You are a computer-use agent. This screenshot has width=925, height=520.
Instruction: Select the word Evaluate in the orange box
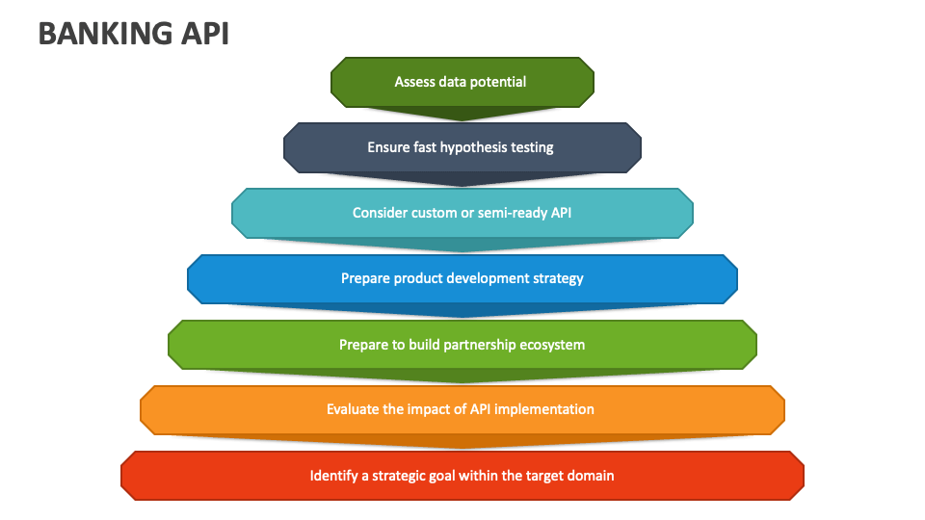click(x=353, y=409)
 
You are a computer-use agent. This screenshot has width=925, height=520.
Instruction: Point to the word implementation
click(x=546, y=409)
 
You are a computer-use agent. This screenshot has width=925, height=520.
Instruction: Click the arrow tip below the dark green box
click(x=462, y=119)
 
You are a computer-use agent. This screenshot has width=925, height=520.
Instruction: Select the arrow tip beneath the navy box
click(x=462, y=185)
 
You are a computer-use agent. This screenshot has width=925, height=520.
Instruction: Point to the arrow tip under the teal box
click(x=462, y=251)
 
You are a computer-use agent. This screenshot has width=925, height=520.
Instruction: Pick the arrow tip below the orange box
click(x=462, y=448)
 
